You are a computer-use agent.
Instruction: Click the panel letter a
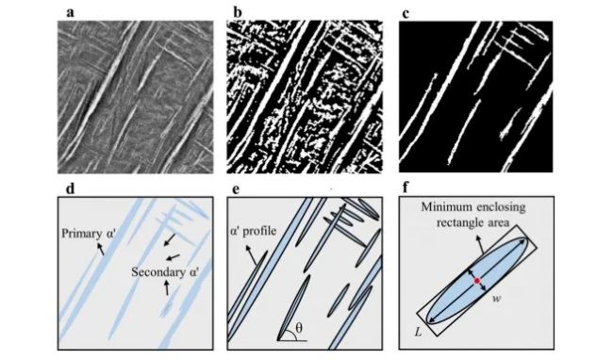[70, 13]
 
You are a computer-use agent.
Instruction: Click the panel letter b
[238, 12]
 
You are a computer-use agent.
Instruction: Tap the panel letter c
[406, 13]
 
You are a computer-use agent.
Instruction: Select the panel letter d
[70, 188]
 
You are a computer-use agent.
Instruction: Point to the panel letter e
[236, 189]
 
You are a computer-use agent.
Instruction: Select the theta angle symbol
[299, 328]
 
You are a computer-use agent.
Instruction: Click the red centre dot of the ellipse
[477, 281]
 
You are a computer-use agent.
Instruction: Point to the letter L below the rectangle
[419, 333]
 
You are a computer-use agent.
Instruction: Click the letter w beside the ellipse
[496, 300]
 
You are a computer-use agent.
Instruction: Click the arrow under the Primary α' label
[101, 249]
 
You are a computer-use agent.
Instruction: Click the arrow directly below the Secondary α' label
[167, 288]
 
